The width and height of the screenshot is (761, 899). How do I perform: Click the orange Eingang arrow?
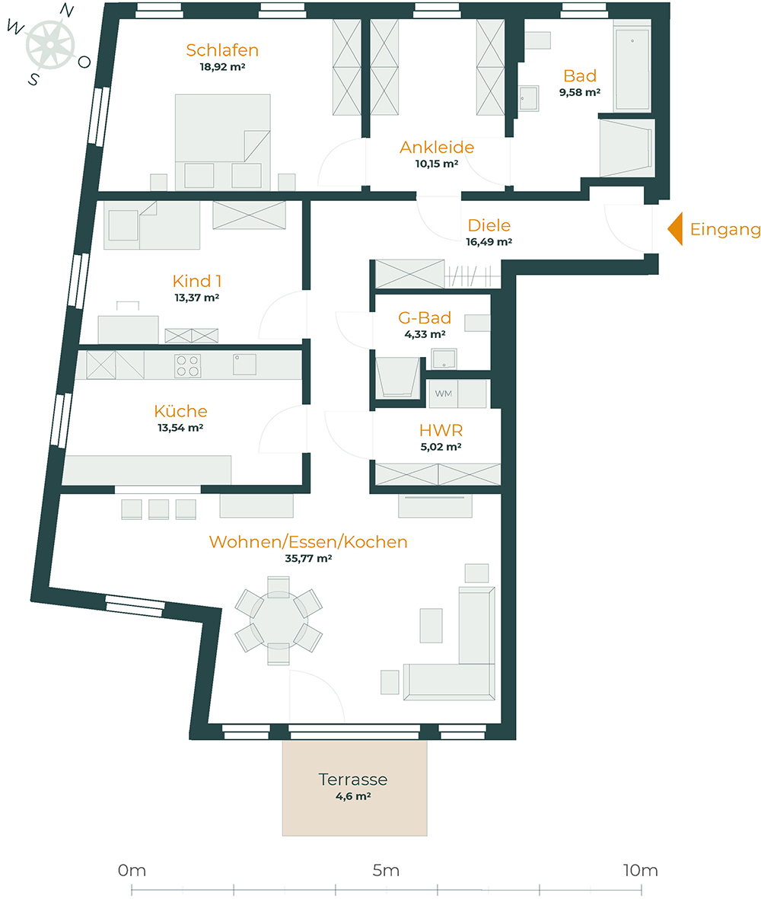coord(674,229)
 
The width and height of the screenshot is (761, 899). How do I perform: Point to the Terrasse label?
coord(353,779)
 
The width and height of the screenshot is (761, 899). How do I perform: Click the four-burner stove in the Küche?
coord(189,366)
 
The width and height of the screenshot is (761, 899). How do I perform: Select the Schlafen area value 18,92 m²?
coord(222,67)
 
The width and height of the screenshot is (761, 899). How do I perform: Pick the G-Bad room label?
coord(425,317)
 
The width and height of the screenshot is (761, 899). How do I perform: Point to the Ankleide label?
coord(437,147)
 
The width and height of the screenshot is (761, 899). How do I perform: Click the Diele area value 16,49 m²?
coord(489,242)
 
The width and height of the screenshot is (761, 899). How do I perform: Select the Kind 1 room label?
coord(196,281)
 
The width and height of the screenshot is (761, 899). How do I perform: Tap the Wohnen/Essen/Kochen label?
coord(308,542)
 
